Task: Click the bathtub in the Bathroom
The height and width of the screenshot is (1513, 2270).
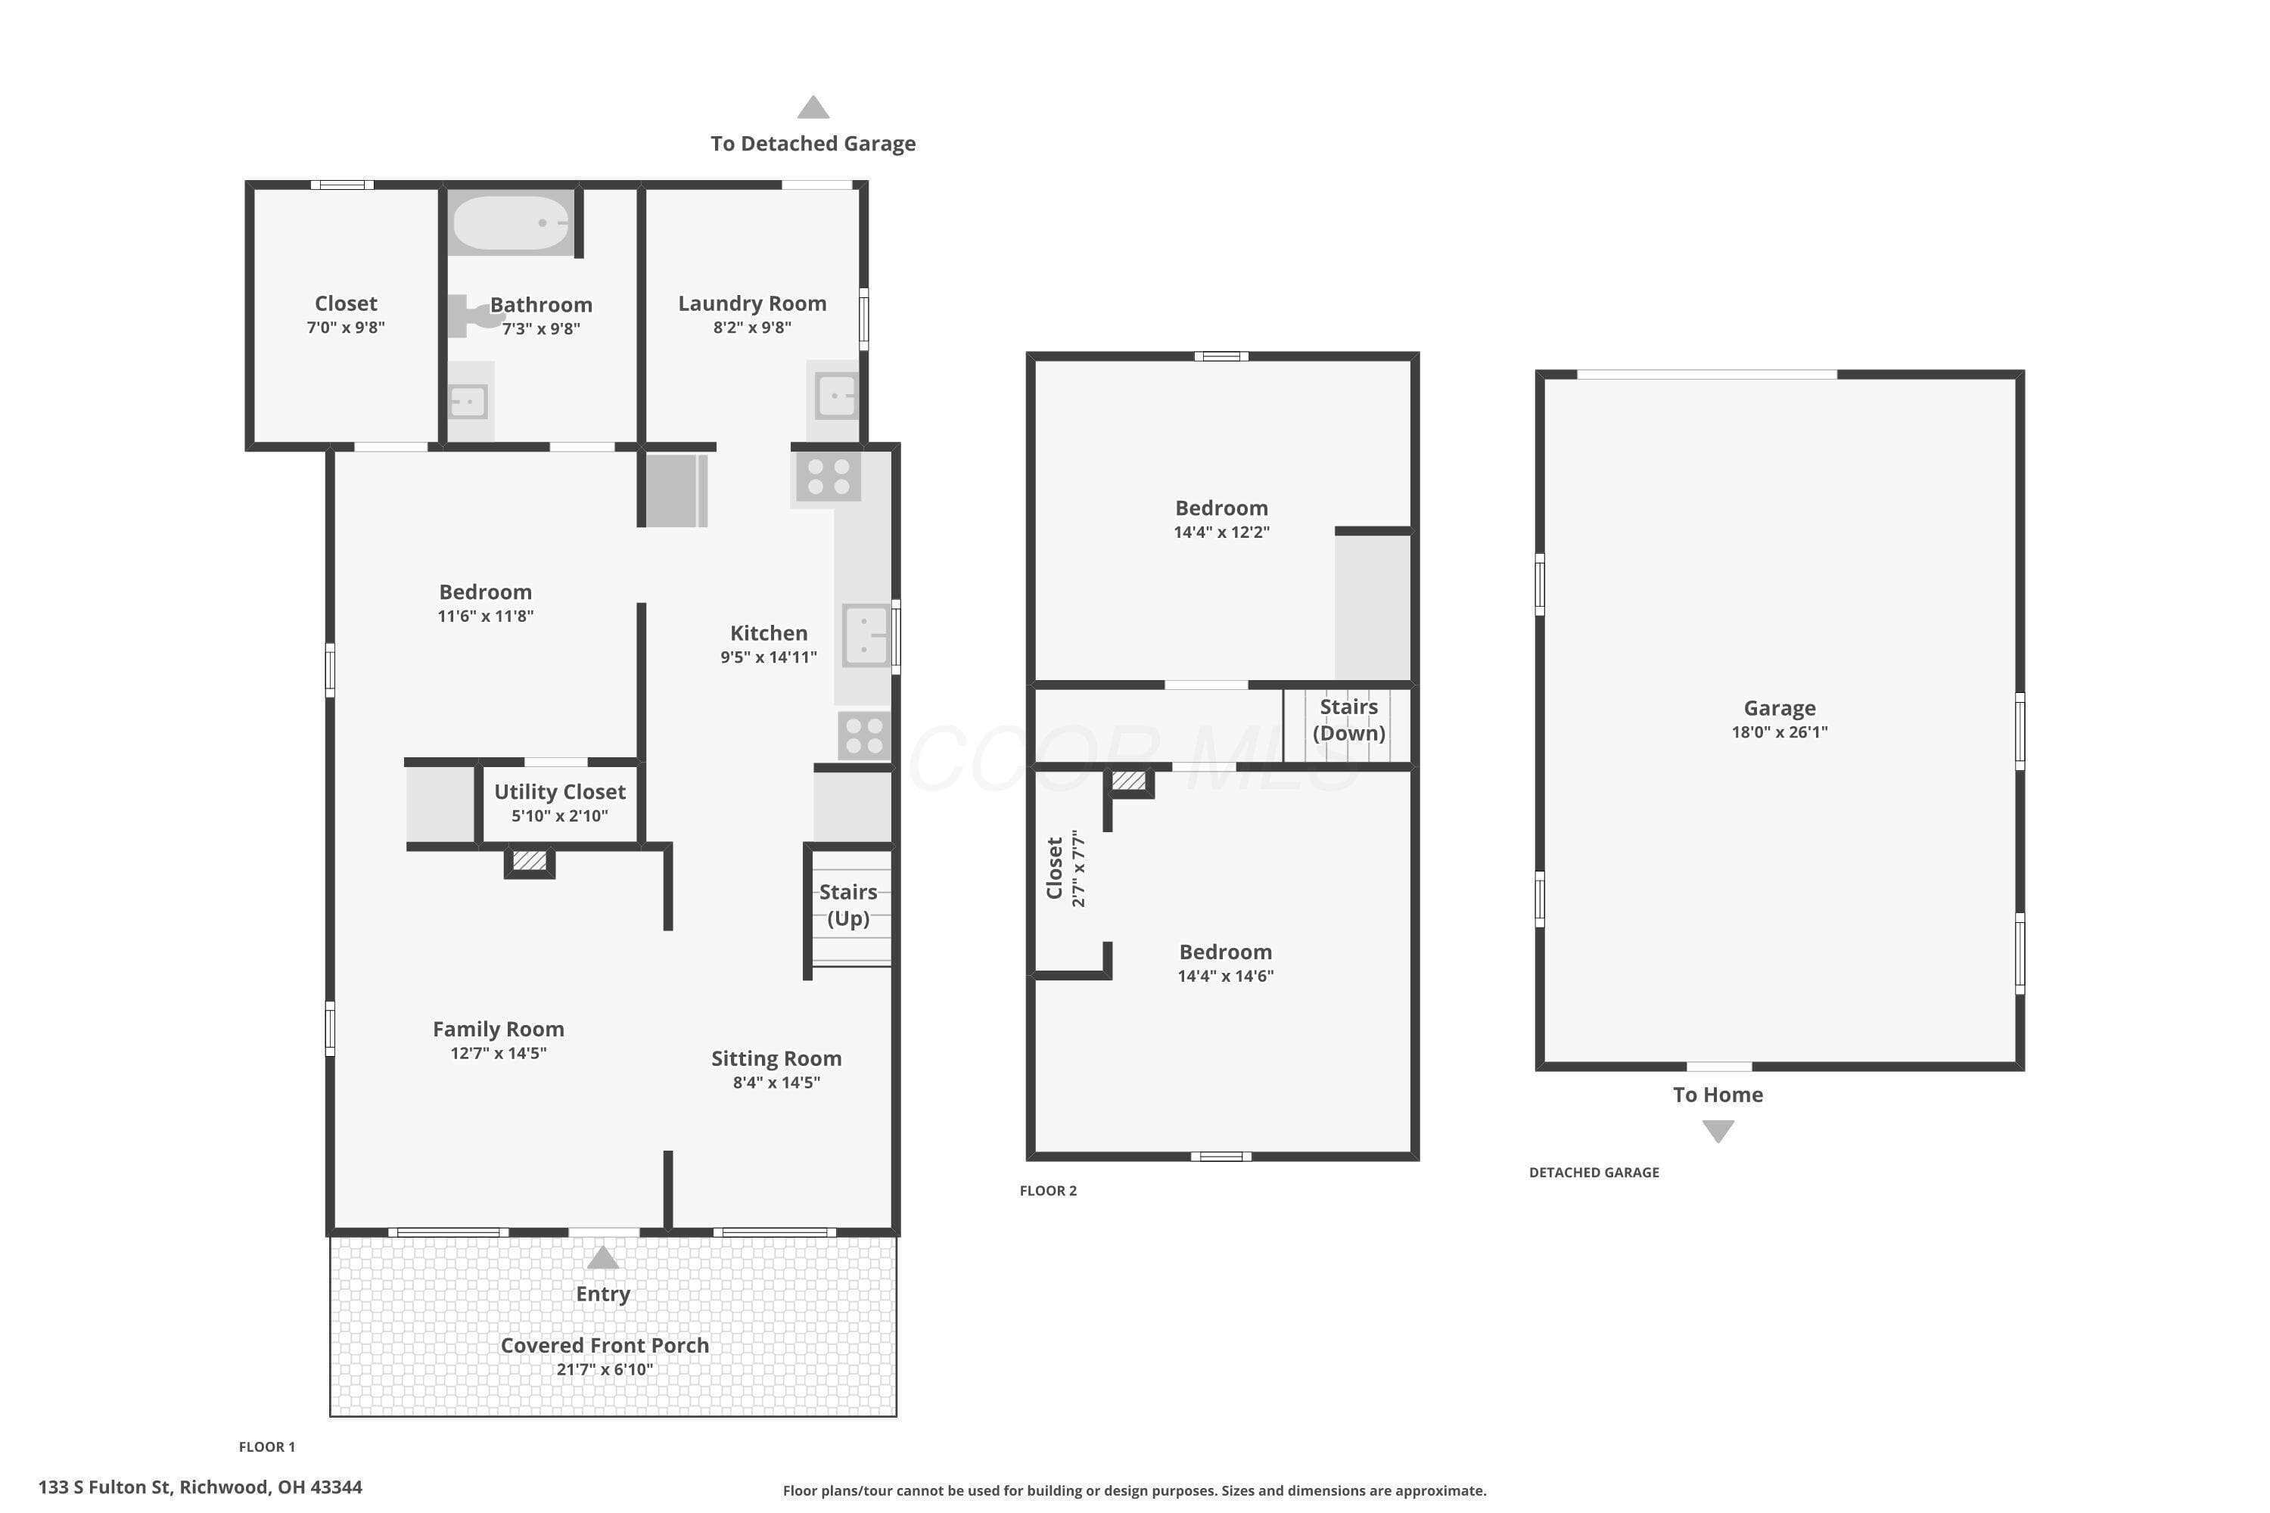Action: [x=511, y=223]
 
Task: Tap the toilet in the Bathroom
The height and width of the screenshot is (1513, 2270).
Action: [x=473, y=315]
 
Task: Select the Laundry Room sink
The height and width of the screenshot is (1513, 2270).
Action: [x=835, y=396]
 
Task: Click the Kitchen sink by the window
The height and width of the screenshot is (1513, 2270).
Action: [x=866, y=635]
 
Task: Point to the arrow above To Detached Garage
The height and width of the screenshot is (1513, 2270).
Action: [x=813, y=107]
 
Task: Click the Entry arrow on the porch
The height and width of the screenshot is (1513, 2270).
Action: [x=602, y=1257]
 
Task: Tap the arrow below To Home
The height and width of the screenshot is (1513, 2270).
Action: [x=1718, y=1131]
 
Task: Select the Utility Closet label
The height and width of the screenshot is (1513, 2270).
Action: [x=560, y=792]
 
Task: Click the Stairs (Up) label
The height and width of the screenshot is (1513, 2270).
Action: [x=848, y=905]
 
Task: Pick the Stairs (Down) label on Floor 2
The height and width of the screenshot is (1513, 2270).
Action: [x=1348, y=720]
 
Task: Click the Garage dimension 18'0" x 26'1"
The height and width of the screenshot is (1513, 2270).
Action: [x=1780, y=732]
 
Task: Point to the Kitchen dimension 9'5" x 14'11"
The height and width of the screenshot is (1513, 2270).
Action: [x=768, y=657]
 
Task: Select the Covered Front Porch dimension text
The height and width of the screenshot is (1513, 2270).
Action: [x=604, y=1369]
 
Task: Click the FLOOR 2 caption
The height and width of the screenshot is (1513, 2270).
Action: [x=1048, y=1191]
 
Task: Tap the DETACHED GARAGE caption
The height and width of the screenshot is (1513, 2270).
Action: [x=1594, y=1173]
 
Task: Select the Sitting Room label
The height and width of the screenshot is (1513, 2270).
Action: [x=776, y=1058]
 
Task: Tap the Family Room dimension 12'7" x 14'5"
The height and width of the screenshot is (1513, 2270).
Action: [x=498, y=1053]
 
